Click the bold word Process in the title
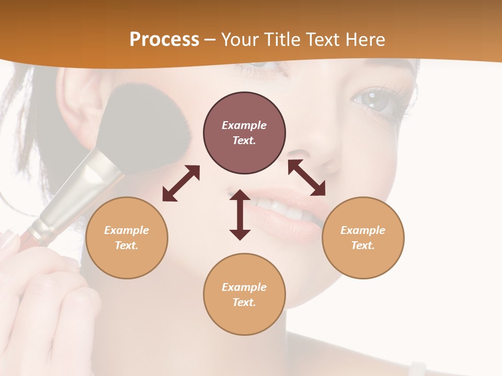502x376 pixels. [164, 40]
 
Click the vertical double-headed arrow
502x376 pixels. [240, 215]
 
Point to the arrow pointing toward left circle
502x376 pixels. [181, 183]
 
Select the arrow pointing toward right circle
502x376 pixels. [307, 178]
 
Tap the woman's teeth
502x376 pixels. [282, 209]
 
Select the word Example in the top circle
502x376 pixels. [244, 125]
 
